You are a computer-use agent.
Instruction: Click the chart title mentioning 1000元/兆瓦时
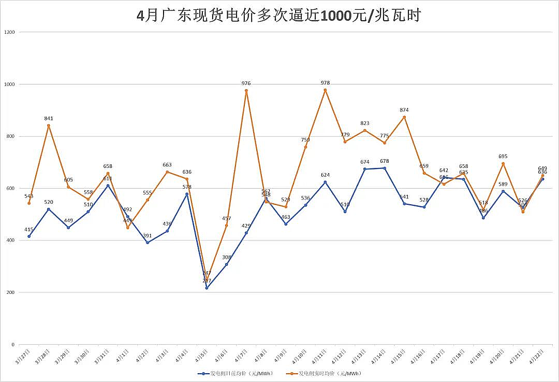[279, 16]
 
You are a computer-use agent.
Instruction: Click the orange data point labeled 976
[246, 91]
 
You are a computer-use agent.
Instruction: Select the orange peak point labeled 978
[325, 90]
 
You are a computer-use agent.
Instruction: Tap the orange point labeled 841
[49, 125]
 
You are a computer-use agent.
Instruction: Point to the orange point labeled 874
[404, 117]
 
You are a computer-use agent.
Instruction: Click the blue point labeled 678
[385, 168]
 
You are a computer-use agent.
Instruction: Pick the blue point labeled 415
[29, 236]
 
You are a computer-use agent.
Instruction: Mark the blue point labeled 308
[226, 264]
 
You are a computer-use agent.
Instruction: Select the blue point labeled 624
[325, 182]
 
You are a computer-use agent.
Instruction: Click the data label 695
[503, 156]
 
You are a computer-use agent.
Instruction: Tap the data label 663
[167, 165]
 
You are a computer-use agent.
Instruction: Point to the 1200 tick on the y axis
[10, 32]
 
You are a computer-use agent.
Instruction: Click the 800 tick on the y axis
[11, 136]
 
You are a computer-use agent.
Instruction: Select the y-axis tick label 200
[11, 292]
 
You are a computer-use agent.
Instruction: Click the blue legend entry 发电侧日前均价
[235, 373]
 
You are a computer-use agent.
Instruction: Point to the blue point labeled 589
[503, 191]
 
